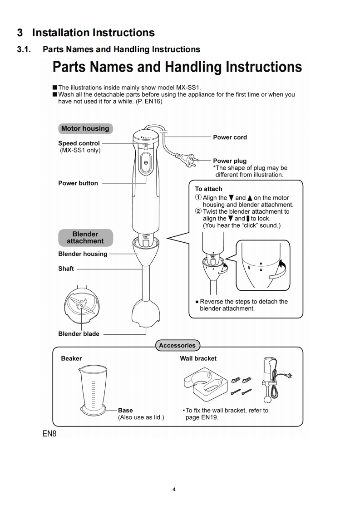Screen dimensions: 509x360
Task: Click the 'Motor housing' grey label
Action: point(85,128)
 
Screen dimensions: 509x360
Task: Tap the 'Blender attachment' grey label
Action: point(85,238)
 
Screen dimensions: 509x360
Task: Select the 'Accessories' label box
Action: point(177,345)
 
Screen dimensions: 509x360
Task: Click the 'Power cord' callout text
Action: point(230,137)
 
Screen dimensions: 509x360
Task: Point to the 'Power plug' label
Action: point(230,161)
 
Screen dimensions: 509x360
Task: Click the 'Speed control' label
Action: point(79,143)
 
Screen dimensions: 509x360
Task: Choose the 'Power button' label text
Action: point(78,183)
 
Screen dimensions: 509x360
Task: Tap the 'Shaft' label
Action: point(66,269)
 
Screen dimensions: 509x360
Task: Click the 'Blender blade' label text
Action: point(79,334)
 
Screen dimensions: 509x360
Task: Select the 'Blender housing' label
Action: point(83,254)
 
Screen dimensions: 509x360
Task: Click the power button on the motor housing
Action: point(145,162)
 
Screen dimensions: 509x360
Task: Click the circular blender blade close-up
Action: point(81,307)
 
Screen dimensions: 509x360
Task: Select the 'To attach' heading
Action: point(208,189)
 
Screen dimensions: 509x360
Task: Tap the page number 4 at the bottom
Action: point(174,489)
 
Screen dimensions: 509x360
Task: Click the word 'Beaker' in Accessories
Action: point(71,358)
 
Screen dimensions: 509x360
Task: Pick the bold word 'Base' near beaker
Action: point(125,410)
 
